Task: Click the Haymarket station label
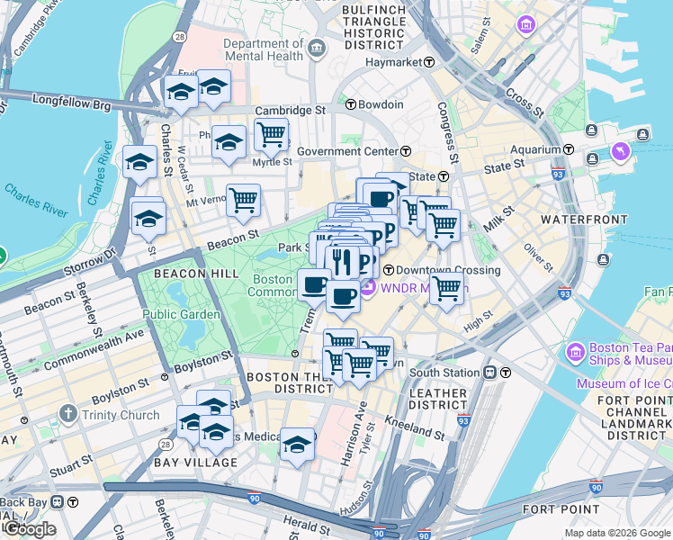(394, 62)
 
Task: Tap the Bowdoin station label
(381, 104)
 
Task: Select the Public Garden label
(180, 314)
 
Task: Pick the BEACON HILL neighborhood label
(195, 273)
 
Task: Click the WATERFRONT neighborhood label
(583, 220)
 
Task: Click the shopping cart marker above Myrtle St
(271, 136)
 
